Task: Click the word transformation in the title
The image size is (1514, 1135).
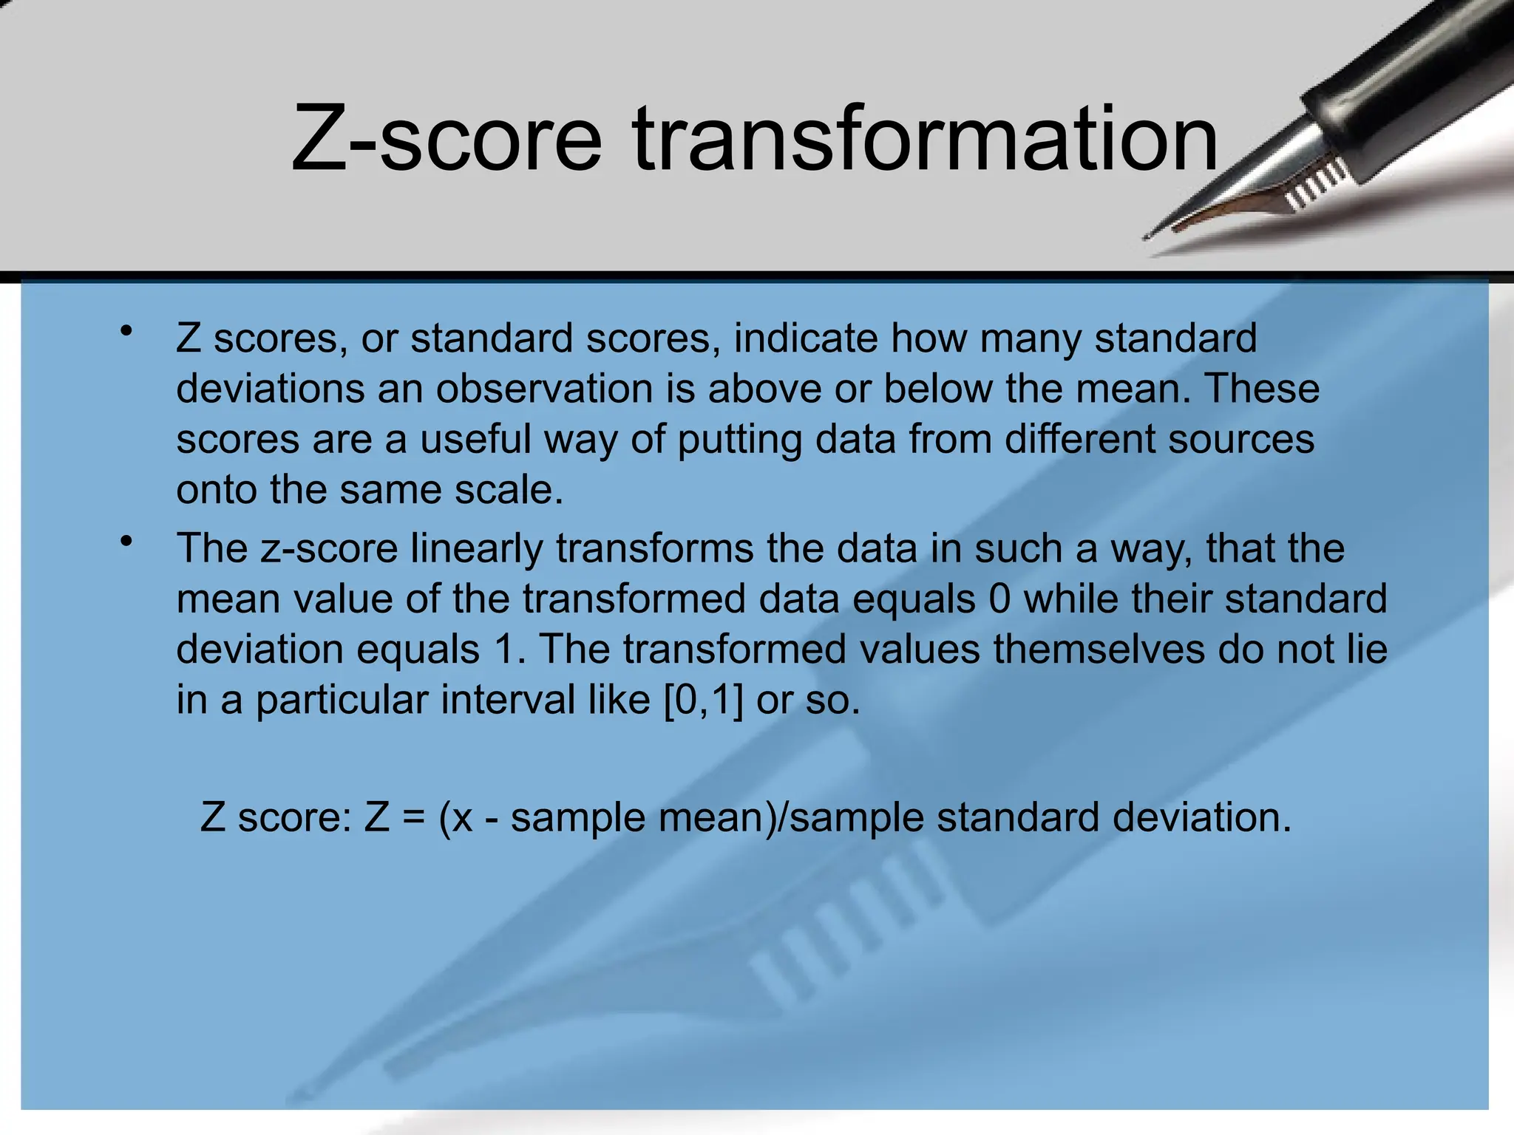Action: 924,139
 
